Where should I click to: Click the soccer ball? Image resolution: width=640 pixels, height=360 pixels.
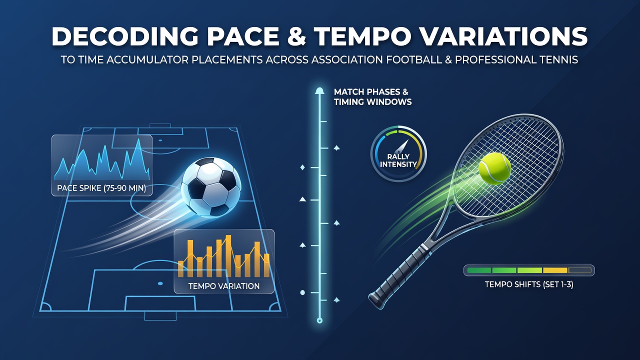coord(211,187)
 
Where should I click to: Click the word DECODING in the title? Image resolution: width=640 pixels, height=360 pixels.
coord(125,36)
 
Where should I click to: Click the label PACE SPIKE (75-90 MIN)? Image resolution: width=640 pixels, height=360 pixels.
coord(101,188)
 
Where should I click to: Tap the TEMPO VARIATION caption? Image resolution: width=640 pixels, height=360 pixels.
coord(224,286)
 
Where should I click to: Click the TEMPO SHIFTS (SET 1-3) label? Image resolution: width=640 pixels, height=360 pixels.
coord(529,284)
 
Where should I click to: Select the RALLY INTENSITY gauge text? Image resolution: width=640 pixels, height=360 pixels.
coord(398,160)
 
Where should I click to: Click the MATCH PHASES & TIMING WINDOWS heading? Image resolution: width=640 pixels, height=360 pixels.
coord(372,97)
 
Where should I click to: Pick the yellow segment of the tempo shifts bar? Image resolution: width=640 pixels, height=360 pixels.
coord(555,270)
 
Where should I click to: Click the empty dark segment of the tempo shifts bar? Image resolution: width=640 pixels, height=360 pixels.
coord(579,270)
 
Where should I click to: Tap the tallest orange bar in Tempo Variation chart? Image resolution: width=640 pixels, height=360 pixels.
coord(228,256)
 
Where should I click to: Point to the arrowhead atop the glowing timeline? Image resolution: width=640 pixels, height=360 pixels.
coord(319,91)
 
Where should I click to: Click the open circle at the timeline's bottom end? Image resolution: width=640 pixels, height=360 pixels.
coord(319,320)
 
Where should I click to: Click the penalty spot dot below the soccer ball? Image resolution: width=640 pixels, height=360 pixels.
coord(160,283)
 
